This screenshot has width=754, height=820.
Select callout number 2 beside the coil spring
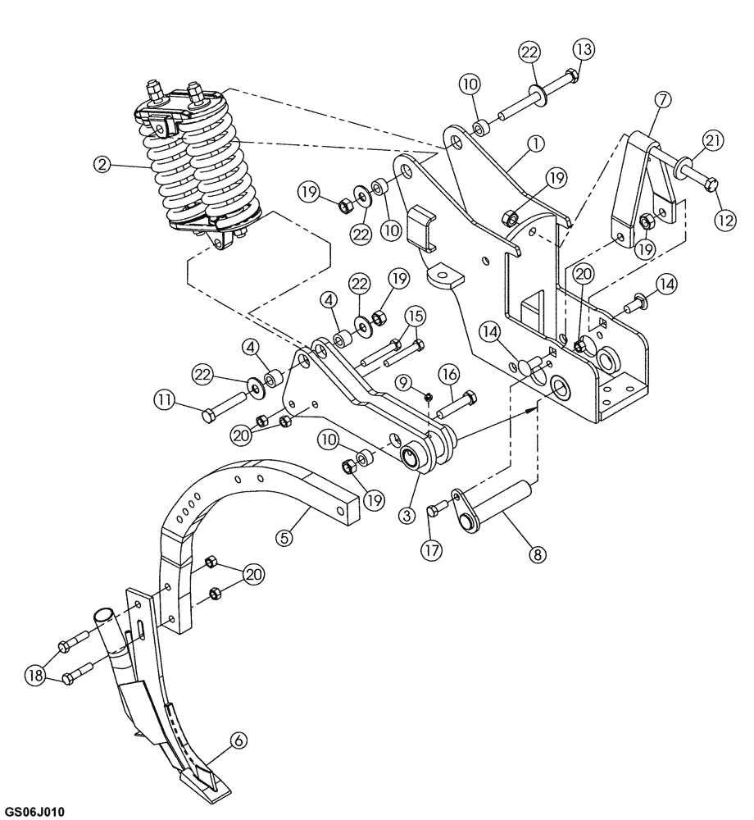[102, 164]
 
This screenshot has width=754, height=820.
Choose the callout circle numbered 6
[238, 740]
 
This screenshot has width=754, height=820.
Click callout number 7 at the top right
[661, 99]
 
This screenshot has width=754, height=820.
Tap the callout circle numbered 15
[413, 316]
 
